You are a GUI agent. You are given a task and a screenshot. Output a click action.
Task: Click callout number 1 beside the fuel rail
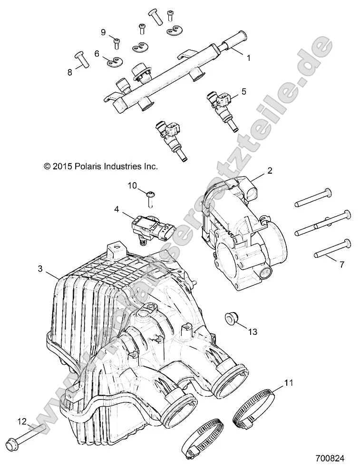(247, 58)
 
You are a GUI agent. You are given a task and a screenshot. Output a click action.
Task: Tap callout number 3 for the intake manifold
(40, 269)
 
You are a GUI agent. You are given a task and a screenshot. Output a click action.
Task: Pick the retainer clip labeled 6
(114, 61)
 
